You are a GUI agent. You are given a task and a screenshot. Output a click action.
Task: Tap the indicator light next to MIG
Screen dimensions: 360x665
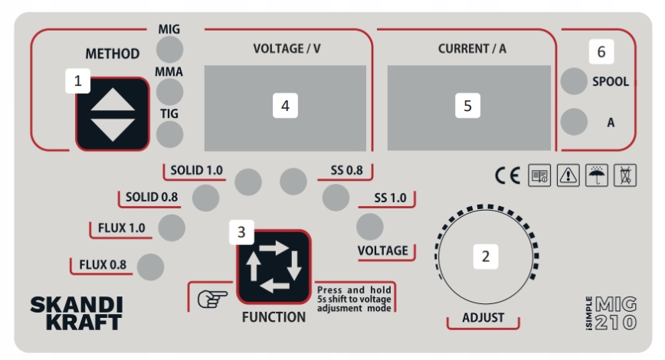click(x=170, y=49)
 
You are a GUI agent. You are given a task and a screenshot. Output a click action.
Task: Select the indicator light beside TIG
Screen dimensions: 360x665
click(x=170, y=133)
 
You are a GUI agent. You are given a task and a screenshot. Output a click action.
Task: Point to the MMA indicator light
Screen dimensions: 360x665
click(x=170, y=91)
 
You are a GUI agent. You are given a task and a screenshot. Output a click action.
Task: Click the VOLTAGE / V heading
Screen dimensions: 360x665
click(x=287, y=49)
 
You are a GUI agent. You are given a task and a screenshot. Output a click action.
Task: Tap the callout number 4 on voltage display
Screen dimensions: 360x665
click(x=285, y=106)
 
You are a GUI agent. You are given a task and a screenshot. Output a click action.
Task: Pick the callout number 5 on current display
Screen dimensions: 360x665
click(x=468, y=106)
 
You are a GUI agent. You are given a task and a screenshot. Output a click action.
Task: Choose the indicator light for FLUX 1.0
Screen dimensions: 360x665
click(x=171, y=227)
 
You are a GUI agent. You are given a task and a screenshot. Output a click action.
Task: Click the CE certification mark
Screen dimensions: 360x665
click(x=507, y=175)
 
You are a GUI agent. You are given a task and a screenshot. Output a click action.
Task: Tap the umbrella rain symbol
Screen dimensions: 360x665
click(x=596, y=175)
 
